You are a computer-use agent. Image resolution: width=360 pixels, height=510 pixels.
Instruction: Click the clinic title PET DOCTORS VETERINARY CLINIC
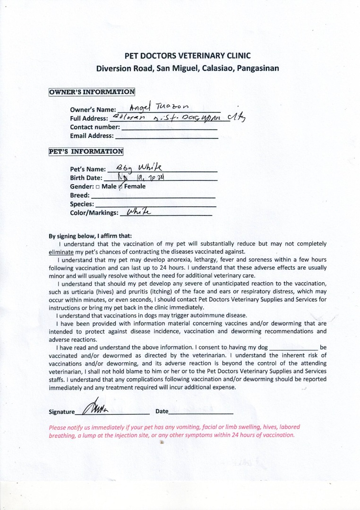coord(187,56)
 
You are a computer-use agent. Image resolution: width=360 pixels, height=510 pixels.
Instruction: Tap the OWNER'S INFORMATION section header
coord(92,92)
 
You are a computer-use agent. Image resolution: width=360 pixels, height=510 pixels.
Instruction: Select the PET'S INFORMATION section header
coord(86,152)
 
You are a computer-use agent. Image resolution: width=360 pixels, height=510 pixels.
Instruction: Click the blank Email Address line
coord(166,137)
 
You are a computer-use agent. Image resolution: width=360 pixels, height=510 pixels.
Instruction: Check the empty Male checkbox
coord(97,187)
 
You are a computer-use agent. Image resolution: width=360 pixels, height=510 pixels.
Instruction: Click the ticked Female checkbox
coord(120,187)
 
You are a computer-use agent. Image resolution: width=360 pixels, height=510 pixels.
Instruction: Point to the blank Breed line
coord(152,196)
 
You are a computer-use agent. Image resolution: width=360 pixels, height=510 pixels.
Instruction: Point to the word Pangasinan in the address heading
coord(257,68)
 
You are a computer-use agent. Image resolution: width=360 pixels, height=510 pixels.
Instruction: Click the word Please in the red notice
coord(58,427)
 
